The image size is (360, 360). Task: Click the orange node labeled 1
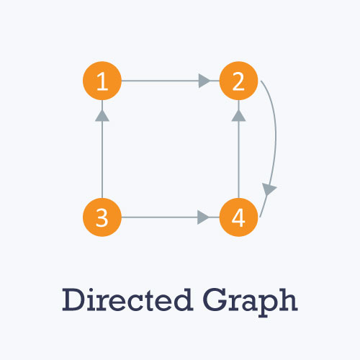[x=102, y=81]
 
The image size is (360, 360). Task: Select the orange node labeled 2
[x=238, y=81]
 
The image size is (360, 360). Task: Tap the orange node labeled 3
[x=102, y=217]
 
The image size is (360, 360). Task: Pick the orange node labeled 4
[x=238, y=217]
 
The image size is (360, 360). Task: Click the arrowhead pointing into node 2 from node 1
[x=204, y=81]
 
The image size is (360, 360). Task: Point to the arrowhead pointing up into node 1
[x=102, y=116]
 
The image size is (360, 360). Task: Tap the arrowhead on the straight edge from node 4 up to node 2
[x=238, y=116]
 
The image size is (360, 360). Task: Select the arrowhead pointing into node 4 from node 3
[x=203, y=217]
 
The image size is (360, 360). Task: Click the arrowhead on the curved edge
[x=269, y=189]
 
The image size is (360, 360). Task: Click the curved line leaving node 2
[x=276, y=135]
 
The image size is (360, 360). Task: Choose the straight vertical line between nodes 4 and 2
[x=238, y=149]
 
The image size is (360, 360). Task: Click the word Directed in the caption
[x=127, y=300]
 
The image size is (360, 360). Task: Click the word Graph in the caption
[x=251, y=302]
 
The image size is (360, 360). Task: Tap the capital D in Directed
[x=73, y=300]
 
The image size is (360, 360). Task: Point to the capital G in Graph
[x=215, y=300]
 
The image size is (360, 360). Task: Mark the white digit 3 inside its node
[x=102, y=217]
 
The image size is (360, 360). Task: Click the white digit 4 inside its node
[x=238, y=217]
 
